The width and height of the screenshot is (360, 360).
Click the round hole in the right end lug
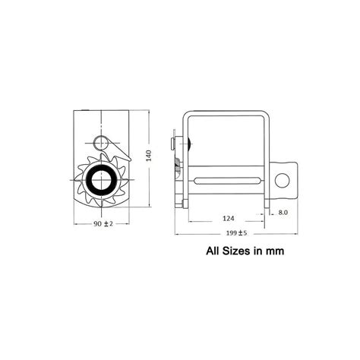coord(285,181)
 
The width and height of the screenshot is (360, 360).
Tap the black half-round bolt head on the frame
coord(189,142)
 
